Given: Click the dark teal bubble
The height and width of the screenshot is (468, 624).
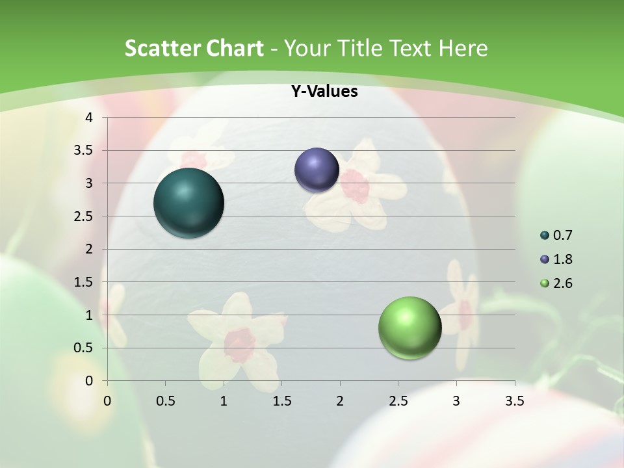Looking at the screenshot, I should point(188,203).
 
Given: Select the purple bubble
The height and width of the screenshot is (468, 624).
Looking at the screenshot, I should point(317,170).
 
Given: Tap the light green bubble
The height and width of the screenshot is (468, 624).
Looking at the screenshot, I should point(409,328).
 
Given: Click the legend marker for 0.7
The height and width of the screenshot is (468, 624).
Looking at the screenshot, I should point(545,235).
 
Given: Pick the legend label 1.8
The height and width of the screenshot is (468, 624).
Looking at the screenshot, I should point(562,259).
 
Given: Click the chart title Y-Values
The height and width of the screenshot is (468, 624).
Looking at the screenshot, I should point(324,92).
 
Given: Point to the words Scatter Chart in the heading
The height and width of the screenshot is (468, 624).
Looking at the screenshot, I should point(194,48).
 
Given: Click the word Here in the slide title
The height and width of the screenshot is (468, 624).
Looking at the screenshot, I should point(463,48).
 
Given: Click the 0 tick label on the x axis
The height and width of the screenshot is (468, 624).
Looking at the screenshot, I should point(107,401).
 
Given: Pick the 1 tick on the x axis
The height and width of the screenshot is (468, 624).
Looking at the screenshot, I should point(224,401).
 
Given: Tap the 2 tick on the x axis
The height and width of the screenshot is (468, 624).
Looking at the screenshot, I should point(340,401).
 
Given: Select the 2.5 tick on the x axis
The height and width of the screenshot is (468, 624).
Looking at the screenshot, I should point(398,401).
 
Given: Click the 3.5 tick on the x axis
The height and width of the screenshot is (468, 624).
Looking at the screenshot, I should point(514,401).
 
